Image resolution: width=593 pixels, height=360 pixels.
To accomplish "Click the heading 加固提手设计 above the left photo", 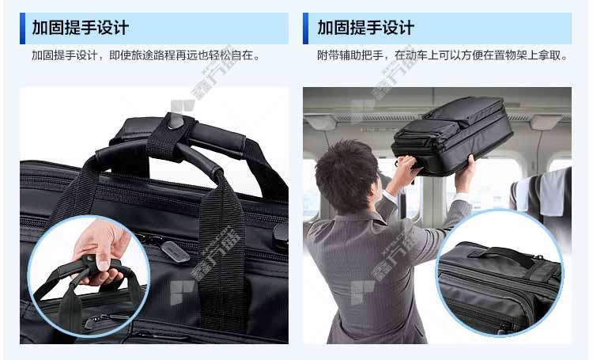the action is coord(80,28).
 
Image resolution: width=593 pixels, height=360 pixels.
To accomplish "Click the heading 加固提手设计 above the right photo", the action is coord(366,28).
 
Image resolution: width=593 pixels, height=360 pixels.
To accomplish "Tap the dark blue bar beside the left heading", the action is coord(22,28).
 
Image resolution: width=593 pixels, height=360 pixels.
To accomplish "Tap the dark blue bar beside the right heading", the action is coord(305,28).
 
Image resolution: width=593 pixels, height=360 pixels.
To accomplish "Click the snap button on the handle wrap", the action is coord(175,120).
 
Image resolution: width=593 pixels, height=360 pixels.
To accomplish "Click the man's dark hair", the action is coord(346,175).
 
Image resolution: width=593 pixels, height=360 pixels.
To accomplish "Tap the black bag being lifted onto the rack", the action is coord(452,135).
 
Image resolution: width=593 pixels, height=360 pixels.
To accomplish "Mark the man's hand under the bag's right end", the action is coord(466,173).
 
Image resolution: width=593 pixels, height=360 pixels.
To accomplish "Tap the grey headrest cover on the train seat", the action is coord(553,192).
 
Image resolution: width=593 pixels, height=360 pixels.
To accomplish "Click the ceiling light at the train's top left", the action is coord(320,122).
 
